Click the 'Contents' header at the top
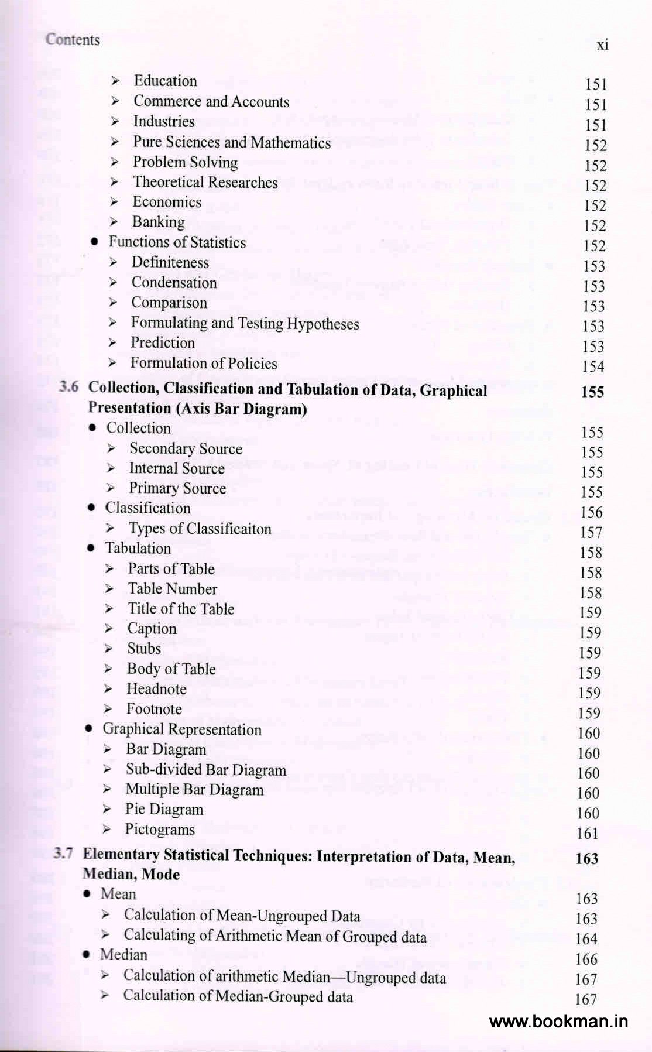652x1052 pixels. point(73,40)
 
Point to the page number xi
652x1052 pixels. point(602,44)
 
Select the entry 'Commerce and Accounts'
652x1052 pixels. point(211,101)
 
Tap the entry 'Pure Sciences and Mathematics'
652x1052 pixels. point(231,142)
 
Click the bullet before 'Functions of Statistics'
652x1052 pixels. point(94,242)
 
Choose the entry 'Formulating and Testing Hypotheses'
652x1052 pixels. point(245,323)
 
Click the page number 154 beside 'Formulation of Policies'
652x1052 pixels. point(593,367)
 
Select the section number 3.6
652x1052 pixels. point(68,387)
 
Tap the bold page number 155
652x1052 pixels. point(592,392)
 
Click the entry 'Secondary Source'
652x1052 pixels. point(186,448)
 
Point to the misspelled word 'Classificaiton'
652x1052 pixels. point(228,529)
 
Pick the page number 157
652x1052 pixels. point(591,533)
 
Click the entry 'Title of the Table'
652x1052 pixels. point(181,609)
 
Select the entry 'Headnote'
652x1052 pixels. point(156,689)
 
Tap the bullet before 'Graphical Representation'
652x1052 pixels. point(89,729)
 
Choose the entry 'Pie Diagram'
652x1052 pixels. point(164,810)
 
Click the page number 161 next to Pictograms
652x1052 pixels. point(588,834)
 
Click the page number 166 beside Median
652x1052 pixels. point(586,959)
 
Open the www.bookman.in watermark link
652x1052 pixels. point(558,1022)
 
